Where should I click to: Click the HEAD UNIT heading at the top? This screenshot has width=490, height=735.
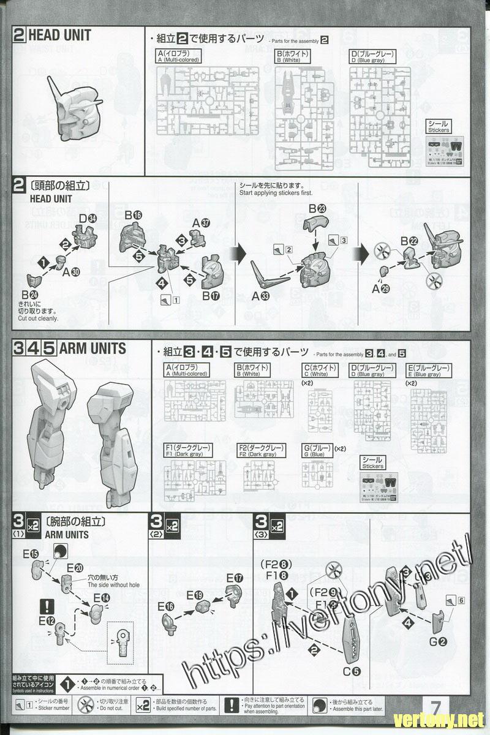59,36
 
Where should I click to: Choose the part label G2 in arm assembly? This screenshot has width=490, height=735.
437,642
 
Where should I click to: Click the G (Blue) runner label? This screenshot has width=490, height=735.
316,451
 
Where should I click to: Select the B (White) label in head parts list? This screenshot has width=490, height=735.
292,57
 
